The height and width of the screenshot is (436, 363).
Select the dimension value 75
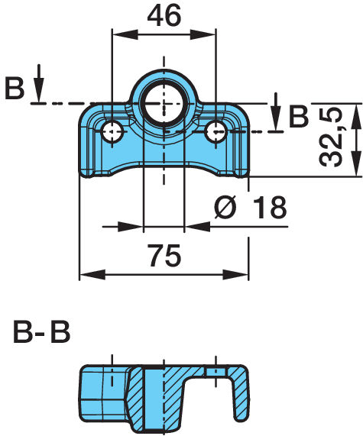[164, 255]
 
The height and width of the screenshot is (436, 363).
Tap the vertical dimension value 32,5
[331, 137]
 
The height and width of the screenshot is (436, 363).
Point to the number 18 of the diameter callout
[270, 207]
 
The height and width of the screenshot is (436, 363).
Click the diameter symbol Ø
[225, 207]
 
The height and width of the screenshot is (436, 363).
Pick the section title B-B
[41, 332]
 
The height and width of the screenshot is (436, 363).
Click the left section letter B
[15, 89]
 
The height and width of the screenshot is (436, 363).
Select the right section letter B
[299, 116]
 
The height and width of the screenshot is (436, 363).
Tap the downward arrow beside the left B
[39, 82]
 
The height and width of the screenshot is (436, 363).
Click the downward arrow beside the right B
[276, 111]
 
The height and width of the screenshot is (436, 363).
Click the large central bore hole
[164, 104]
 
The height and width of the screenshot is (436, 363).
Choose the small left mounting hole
[112, 131]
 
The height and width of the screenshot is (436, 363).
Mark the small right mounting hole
[216, 131]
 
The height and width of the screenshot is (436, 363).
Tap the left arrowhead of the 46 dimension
[125, 35]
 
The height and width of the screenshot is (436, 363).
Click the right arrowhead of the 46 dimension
[203, 35]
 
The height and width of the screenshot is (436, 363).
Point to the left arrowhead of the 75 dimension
[92, 274]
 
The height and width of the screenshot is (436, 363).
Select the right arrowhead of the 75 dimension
[235, 274]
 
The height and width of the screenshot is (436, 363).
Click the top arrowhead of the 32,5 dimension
[356, 116]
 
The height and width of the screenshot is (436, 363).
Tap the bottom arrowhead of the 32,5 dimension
[356, 163]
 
